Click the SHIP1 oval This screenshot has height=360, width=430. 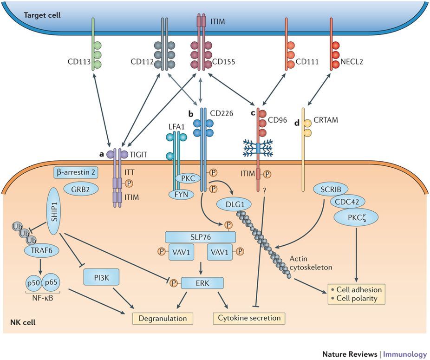click(x=47, y=206)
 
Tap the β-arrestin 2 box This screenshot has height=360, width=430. click(x=76, y=172)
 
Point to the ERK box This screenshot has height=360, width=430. click(x=202, y=283)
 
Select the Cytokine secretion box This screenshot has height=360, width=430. click(x=249, y=318)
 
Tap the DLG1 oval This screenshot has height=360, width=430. click(x=234, y=203)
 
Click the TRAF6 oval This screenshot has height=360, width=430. click(x=40, y=250)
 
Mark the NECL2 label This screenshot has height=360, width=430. click(x=357, y=61)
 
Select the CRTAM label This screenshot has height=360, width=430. click(x=328, y=120)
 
